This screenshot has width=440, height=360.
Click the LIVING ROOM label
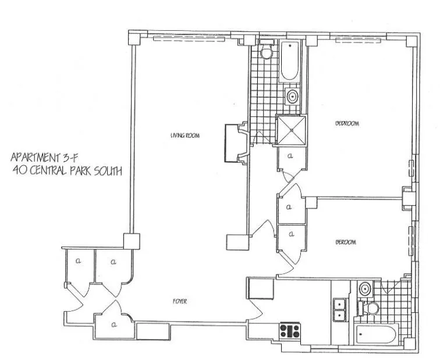coord(185,136)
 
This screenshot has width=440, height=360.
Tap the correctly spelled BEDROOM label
coord(347,123)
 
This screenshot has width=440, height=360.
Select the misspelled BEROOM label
coord(346,242)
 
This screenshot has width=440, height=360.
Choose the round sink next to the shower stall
coord(292,97)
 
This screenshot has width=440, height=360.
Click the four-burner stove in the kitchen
coord(289,331)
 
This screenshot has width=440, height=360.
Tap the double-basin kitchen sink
coord(339,309)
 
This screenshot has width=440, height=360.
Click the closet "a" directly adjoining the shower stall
coord(289,157)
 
